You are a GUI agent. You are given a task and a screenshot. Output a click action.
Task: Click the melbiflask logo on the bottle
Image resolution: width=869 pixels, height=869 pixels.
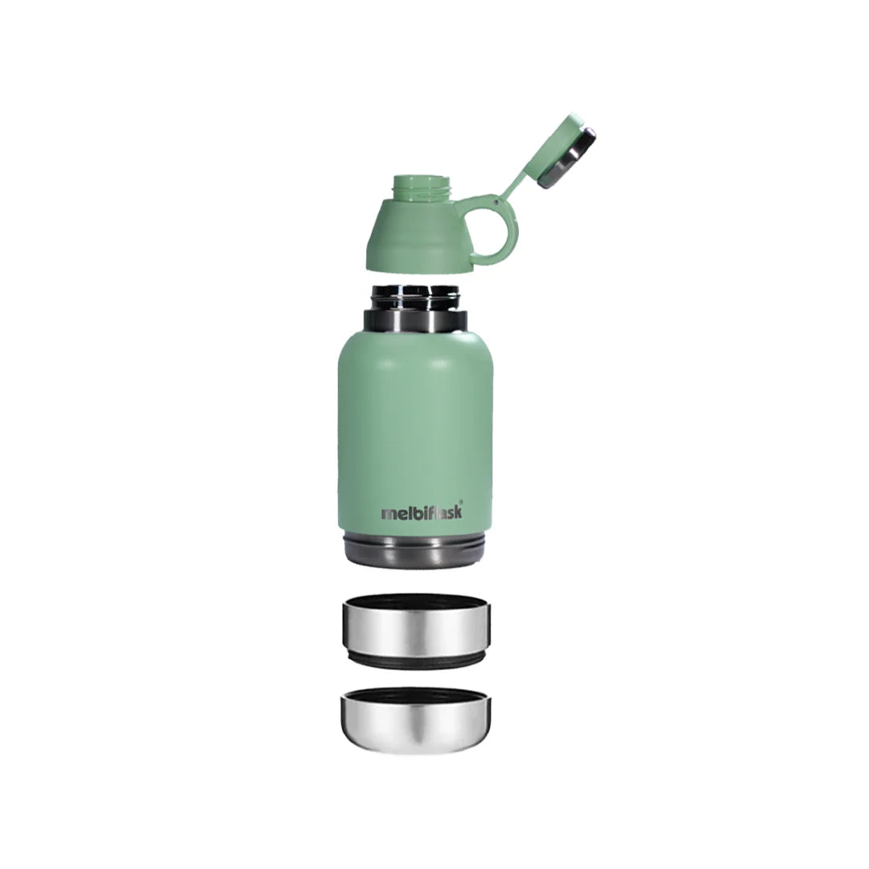422,513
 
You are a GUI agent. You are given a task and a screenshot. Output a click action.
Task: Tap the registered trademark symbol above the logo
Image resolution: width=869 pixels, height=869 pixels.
460,501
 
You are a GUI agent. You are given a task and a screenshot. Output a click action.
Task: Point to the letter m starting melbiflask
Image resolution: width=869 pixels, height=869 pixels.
389,514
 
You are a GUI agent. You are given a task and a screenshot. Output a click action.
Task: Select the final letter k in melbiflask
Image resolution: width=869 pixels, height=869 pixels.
457,513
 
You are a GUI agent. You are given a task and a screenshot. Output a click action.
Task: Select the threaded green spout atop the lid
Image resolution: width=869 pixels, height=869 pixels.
422,187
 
